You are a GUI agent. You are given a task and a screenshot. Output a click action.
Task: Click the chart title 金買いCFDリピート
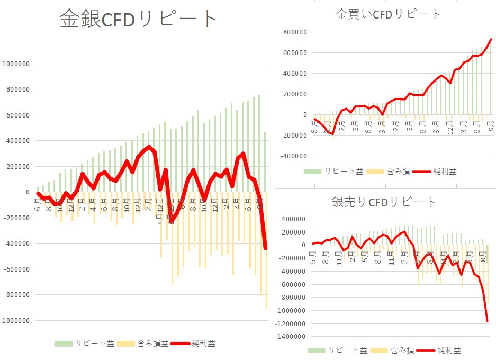click(x=388, y=14)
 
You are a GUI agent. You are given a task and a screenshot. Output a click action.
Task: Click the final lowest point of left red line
click(x=265, y=248)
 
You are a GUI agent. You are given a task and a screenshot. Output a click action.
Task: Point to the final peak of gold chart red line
click(x=491, y=39)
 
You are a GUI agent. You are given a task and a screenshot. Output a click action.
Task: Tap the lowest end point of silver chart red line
click(x=487, y=321)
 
